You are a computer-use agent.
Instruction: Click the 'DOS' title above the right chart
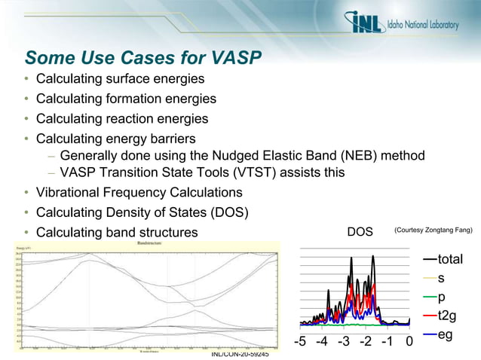pyautogui.click(x=360, y=232)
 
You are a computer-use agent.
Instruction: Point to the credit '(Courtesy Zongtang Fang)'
pyautogui.click(x=432, y=231)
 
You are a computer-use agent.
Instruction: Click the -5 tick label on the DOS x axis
pyautogui.click(x=299, y=343)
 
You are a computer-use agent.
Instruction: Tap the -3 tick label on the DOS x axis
pyautogui.click(x=343, y=343)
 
